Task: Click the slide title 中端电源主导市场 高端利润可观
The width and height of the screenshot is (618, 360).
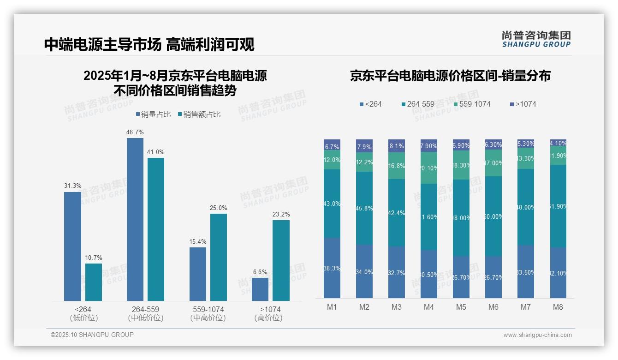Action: click(x=149, y=44)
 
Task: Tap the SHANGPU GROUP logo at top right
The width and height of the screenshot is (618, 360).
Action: click(x=536, y=39)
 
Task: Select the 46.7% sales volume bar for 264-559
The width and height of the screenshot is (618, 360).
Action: click(x=135, y=219)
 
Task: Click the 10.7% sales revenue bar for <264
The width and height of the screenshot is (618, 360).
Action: click(x=94, y=282)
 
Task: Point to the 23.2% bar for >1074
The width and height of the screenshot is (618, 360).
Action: click(x=281, y=260)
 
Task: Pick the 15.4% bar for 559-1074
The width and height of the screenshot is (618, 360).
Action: click(x=198, y=274)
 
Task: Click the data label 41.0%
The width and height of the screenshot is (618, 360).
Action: click(x=156, y=152)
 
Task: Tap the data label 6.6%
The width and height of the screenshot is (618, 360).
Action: click(x=260, y=272)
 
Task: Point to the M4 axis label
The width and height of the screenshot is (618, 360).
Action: click(x=428, y=307)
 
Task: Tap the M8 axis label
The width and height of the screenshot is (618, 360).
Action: click(x=558, y=307)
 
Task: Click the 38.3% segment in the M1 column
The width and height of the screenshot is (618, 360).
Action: click(x=332, y=268)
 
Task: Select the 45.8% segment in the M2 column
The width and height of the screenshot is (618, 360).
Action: click(x=364, y=208)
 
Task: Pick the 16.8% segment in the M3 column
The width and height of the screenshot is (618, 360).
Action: click(x=397, y=166)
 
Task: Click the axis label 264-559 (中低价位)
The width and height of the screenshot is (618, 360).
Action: click(x=146, y=313)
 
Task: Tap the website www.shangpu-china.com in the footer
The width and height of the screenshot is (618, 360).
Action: click(x=537, y=335)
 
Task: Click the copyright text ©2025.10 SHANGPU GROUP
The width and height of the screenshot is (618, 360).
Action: click(x=92, y=335)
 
